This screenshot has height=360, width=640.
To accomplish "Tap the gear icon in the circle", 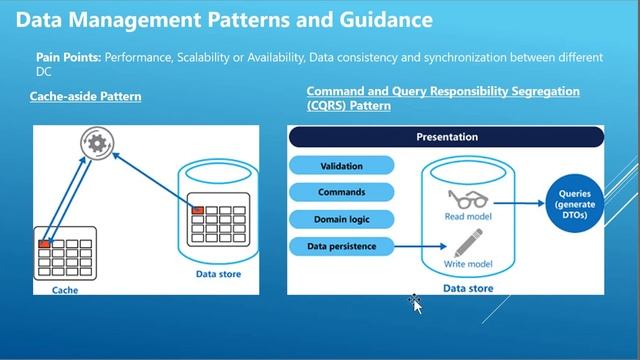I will (96, 144).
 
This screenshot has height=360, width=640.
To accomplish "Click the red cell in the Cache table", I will (44, 244).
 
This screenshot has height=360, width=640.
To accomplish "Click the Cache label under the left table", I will (64, 290).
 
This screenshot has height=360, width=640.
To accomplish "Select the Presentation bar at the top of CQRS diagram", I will (446, 137).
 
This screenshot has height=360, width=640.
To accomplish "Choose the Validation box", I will (342, 166).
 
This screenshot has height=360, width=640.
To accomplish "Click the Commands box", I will (342, 192).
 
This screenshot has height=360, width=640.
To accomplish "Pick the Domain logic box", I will (342, 218).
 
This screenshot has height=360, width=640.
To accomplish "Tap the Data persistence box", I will (342, 244).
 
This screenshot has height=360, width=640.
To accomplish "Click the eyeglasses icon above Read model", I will (466, 198).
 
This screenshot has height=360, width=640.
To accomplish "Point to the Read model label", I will (466, 216).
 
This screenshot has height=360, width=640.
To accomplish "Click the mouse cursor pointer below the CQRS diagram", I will (416, 304).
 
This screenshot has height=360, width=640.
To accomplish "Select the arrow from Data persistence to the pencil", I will (420, 244).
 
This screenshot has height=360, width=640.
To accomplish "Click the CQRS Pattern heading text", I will (443, 97).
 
